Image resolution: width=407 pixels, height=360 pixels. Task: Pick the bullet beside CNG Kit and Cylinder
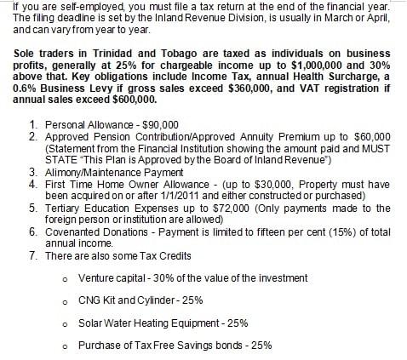click(66, 301)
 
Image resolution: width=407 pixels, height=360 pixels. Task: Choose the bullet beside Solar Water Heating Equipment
click(66, 323)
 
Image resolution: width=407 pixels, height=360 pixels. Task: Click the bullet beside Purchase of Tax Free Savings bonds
click(66, 346)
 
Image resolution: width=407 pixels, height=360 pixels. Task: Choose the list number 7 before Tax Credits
click(32, 255)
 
